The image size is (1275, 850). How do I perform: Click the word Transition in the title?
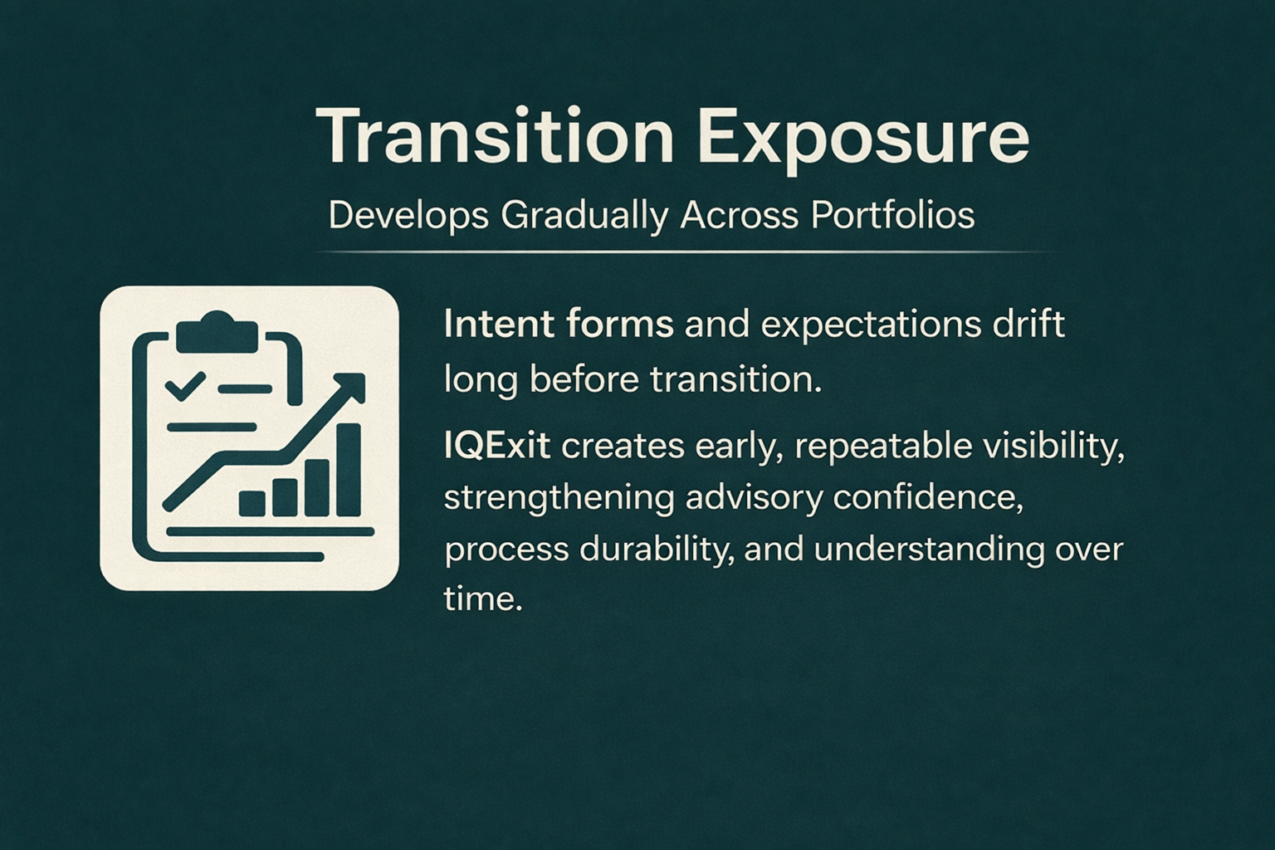tap(495, 138)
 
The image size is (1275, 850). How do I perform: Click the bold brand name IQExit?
tap(497, 447)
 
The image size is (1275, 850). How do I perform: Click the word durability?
tap(656, 551)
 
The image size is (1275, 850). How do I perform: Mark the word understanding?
tap(930, 551)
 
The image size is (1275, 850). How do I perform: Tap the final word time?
tap(482, 599)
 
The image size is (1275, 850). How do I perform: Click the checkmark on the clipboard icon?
tap(186, 387)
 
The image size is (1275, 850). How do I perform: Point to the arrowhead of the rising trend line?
tap(350, 388)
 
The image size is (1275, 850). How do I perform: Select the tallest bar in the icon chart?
tap(349, 470)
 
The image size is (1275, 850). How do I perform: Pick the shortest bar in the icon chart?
tap(252, 504)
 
